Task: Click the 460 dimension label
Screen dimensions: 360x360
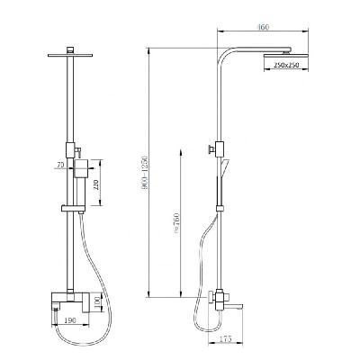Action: pos(263,27)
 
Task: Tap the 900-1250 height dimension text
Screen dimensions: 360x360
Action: pos(145,172)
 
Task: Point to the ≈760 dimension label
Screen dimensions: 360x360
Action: pos(176,223)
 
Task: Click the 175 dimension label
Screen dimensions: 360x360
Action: pos(226,339)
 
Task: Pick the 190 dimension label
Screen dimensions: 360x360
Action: pos(70,320)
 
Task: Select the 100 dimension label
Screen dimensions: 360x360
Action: pos(97,303)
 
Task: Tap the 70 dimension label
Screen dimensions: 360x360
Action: pos(60,165)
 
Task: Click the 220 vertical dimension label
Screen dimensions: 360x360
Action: pos(96,184)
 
